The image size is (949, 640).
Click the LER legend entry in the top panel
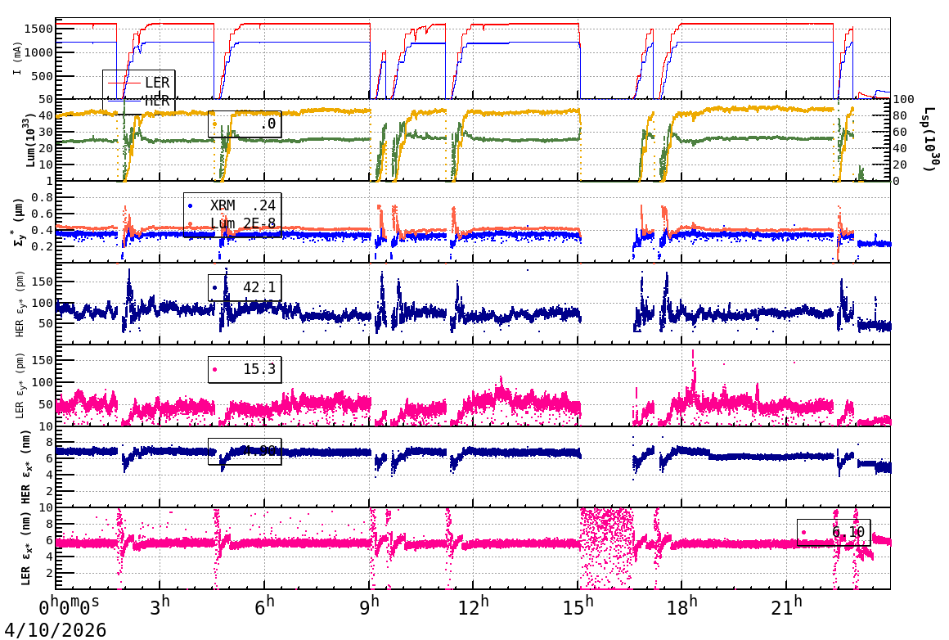[156, 83]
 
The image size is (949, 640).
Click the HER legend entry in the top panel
[156, 101]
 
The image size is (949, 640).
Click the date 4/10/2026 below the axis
[54, 630]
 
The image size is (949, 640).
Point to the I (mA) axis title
[17, 58]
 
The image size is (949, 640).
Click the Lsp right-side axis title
[929, 139]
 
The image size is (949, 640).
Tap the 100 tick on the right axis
[903, 100]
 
